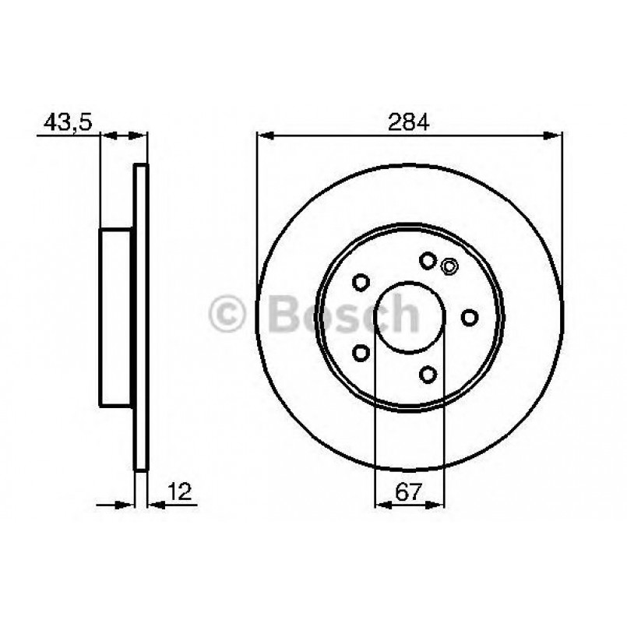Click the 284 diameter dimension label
click(409, 122)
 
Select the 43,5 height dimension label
click(68, 122)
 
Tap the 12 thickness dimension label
click(180, 491)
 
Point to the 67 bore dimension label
click(409, 491)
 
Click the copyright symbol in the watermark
click(227, 313)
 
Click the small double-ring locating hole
click(449, 266)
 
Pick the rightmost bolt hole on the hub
click(470, 317)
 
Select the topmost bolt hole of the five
click(428, 261)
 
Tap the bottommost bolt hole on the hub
click(428, 375)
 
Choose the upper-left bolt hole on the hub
click(361, 282)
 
